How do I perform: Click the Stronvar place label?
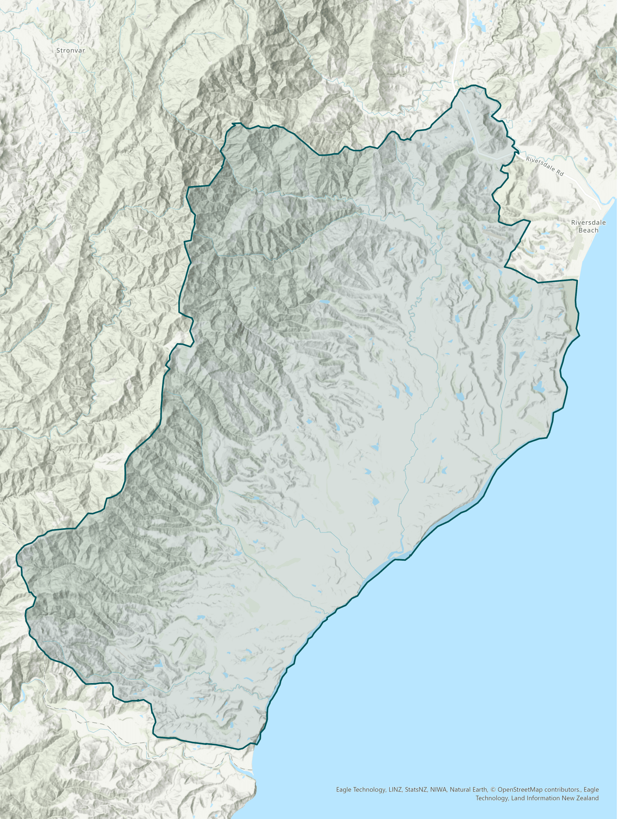(71, 51)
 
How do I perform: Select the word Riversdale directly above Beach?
(588, 223)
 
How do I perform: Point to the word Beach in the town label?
(588, 231)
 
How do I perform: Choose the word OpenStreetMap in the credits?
(519, 790)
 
